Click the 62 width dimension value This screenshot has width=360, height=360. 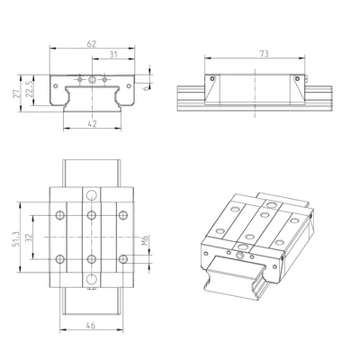(92, 44)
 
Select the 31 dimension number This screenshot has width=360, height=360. (113, 55)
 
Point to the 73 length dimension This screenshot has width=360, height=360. (264, 54)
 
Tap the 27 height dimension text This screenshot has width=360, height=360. (16, 94)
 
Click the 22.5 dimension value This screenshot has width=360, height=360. (29, 89)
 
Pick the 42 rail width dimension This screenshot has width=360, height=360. (93, 123)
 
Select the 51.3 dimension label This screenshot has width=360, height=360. (15, 239)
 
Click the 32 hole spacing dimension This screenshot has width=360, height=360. (29, 238)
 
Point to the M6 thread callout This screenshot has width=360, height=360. (145, 240)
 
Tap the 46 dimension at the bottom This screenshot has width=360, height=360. (91, 325)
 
